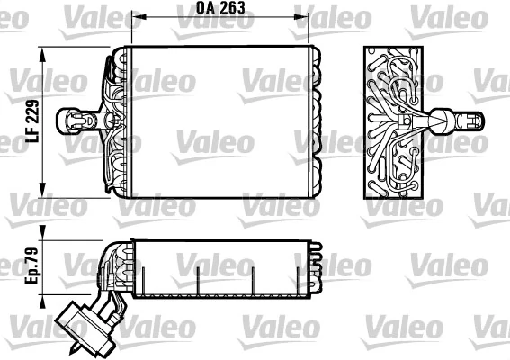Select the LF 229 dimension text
tap(31, 124)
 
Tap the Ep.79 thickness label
tap(31, 269)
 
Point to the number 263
tap(232, 9)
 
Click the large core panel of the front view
tap(219, 121)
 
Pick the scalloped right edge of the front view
tap(317, 121)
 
